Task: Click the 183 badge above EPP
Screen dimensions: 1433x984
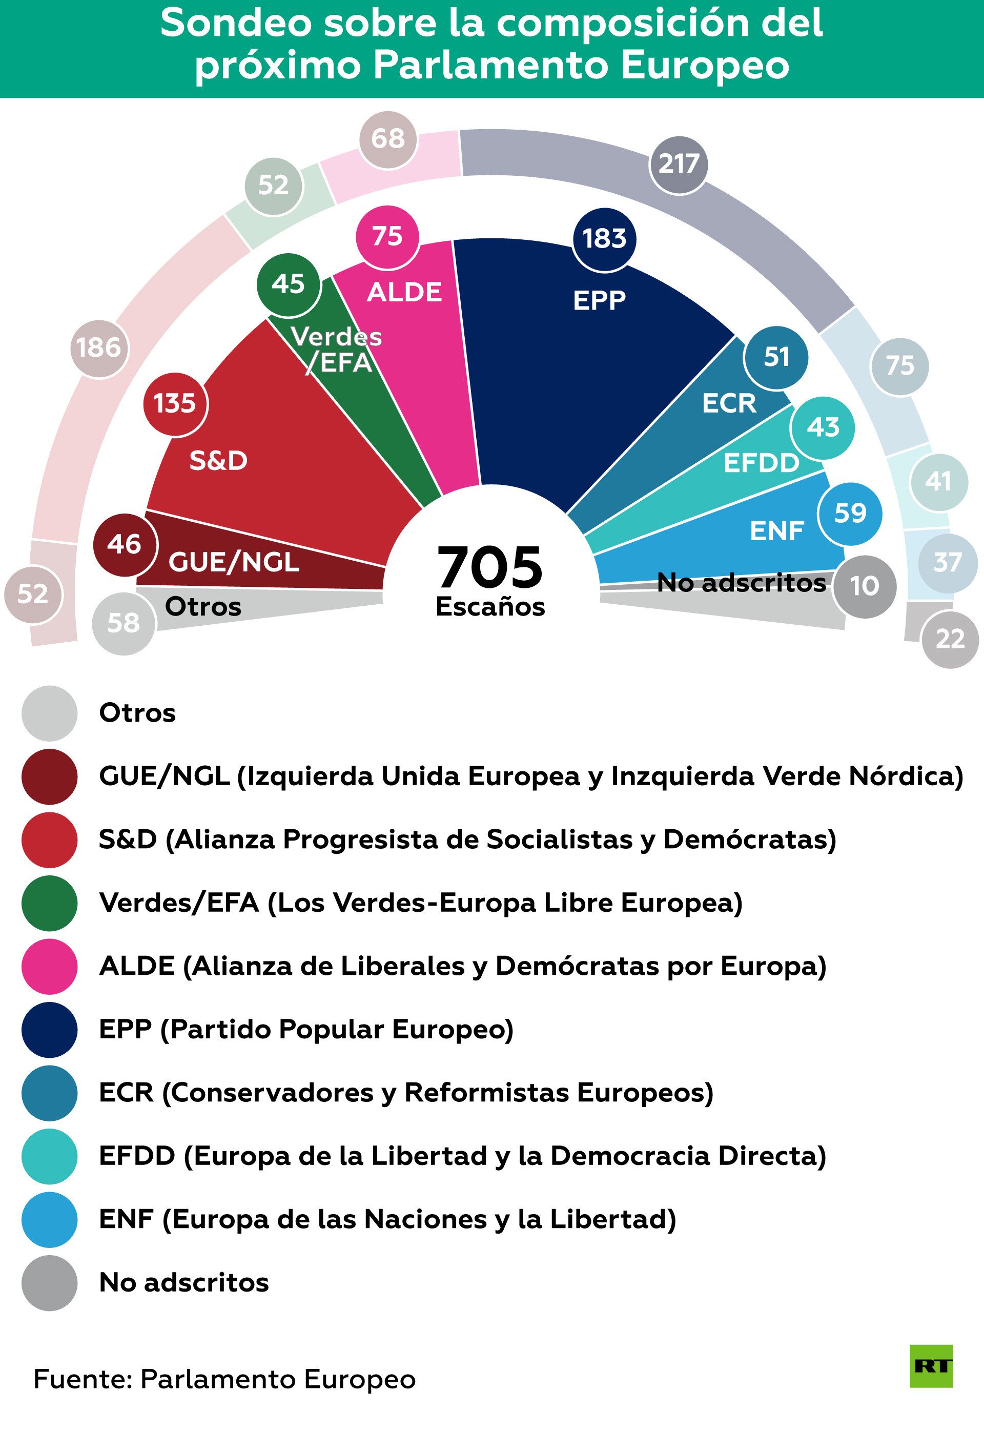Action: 604,239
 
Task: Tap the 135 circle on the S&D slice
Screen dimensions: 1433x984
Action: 175,404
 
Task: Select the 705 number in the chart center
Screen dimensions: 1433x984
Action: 489,567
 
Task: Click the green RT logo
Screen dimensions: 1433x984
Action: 931,1366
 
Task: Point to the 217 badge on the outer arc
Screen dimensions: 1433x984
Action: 678,165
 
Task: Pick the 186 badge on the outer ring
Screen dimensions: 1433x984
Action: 98,349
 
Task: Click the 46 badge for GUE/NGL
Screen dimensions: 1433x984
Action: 125,544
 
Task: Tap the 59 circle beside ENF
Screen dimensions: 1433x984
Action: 850,514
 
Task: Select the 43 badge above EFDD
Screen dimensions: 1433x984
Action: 823,427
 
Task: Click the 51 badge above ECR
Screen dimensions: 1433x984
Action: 775,357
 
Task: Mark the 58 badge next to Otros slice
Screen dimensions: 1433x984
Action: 124,623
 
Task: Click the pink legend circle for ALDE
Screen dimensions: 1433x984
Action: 49,966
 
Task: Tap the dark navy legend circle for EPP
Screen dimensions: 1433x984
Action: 49,1030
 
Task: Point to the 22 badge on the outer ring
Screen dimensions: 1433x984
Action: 950,640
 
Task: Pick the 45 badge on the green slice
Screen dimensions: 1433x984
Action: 288,284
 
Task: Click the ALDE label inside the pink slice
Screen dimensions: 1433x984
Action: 404,292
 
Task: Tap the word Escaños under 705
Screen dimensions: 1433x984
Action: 490,607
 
